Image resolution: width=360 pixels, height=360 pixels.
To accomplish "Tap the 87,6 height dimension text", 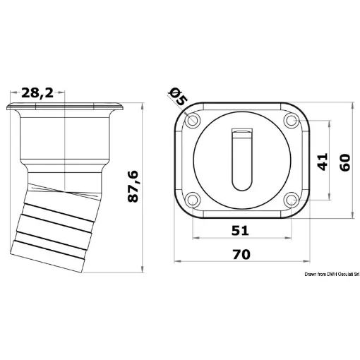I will coord(134,186).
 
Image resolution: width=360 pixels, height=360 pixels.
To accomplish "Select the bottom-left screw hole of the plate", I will coord(193,200).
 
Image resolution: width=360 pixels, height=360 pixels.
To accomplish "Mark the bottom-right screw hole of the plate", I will coord(290,200).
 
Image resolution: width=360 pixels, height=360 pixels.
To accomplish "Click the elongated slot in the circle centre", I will coord(241,162).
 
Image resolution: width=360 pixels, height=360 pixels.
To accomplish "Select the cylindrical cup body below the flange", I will coord(65,141).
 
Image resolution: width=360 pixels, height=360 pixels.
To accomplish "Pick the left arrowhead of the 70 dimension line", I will coord(177,260).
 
